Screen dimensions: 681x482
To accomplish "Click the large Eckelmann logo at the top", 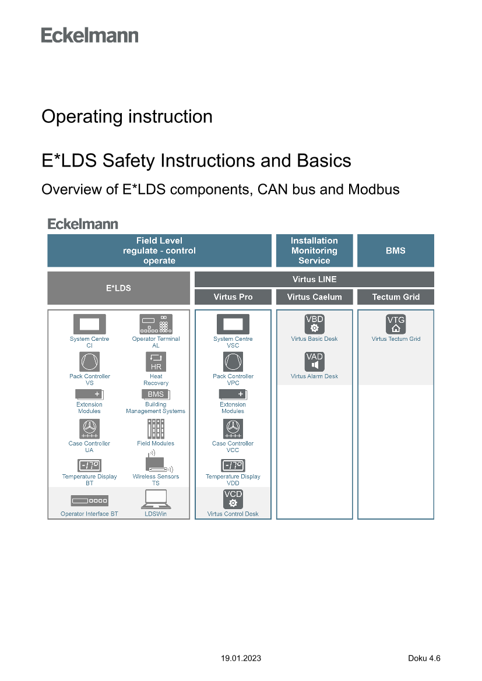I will (90, 36).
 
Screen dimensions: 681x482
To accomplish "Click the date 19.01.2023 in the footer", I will (241, 658).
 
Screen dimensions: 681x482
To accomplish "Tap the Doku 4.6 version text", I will (424, 658).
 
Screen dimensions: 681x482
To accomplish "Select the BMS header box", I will (395, 250).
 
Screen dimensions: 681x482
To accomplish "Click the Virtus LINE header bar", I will (314, 279).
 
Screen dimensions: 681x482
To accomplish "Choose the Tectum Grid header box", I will (396, 297).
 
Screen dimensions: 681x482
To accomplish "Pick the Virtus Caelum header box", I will (314, 297).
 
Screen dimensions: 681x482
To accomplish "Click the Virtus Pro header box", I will (233, 297).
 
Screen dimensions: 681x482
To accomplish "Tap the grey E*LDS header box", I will (118, 288).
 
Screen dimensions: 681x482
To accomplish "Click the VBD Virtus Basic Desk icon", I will (314, 324).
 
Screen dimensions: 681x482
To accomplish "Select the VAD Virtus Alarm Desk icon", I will (314, 362).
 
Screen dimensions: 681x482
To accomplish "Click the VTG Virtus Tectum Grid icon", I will (396, 324).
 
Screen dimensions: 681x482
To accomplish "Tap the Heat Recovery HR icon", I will (156, 362).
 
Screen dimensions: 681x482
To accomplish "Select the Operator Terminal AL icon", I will (156, 324).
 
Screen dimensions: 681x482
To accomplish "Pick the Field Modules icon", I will (156, 429).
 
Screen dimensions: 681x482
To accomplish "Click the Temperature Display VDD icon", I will (233, 465).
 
